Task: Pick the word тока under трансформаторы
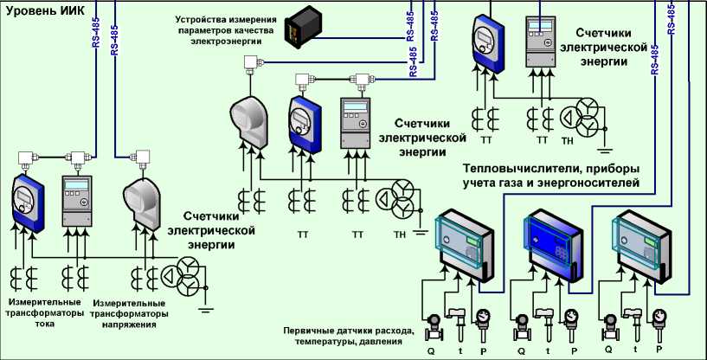(x=45, y=324)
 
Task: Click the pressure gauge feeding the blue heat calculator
(x=570, y=319)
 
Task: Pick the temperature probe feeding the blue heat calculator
(x=545, y=322)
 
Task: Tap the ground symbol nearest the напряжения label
(x=206, y=303)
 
